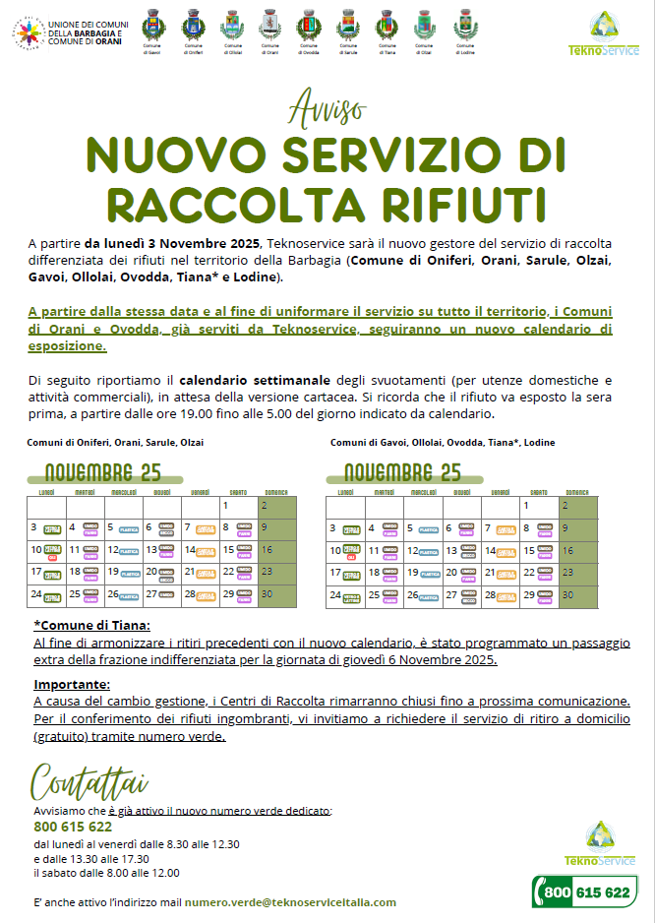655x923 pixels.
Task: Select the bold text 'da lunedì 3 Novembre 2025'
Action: click(x=173, y=244)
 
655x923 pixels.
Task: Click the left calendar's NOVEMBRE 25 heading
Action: click(x=102, y=472)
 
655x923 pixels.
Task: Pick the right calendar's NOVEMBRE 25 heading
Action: click(x=402, y=472)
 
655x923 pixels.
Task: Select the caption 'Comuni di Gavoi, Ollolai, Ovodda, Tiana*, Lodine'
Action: click(x=443, y=443)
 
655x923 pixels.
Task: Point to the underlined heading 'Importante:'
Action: click(x=72, y=684)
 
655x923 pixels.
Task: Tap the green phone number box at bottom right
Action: click(x=584, y=892)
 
